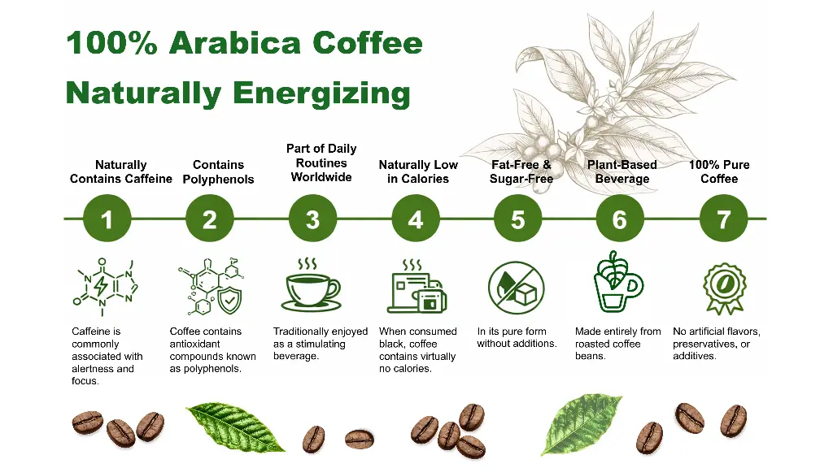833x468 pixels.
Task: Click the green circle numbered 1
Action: pyautogui.click(x=107, y=219)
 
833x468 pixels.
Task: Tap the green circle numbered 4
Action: pyautogui.click(x=416, y=219)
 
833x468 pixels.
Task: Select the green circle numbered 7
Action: pyautogui.click(x=723, y=219)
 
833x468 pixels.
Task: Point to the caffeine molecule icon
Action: pyautogui.click(x=105, y=287)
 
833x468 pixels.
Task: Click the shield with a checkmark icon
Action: pyautogui.click(x=229, y=301)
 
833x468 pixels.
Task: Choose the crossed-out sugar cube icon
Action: pyautogui.click(x=517, y=288)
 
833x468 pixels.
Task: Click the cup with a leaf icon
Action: pyautogui.click(x=617, y=282)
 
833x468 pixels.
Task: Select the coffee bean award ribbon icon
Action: pyautogui.click(x=724, y=288)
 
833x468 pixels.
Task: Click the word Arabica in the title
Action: pyautogui.click(x=235, y=43)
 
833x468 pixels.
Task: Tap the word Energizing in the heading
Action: pyautogui.click(x=321, y=93)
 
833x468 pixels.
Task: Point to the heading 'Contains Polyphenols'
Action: pyautogui.click(x=218, y=172)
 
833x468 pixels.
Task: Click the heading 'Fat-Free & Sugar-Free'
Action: pyautogui.click(x=521, y=172)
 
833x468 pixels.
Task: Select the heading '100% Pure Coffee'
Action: pyautogui.click(x=719, y=172)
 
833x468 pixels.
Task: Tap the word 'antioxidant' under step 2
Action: pyautogui.click(x=195, y=344)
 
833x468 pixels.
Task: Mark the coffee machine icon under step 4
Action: pyautogui.click(x=417, y=287)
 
